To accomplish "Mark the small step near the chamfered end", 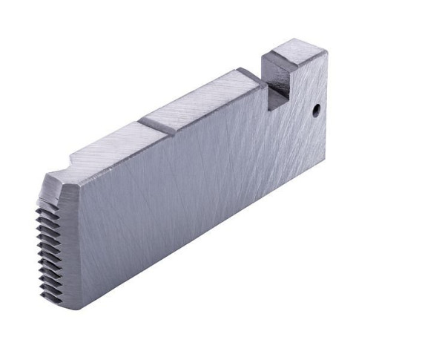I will click(x=72, y=162).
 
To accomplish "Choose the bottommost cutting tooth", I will click(x=50, y=297).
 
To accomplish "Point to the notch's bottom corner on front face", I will click(x=268, y=111).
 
